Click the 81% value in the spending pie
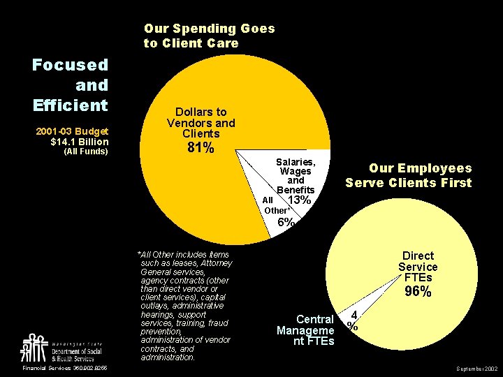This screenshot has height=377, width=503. (201, 149)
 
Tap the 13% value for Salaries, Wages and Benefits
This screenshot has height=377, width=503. (299, 200)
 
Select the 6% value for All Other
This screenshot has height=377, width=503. (286, 223)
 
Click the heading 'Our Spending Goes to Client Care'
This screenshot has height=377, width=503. (209, 36)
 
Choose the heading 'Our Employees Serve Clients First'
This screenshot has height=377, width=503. (409, 175)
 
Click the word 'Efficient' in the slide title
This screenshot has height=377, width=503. (70, 105)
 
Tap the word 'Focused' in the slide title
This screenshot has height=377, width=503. (70, 65)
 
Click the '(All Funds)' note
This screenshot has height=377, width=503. (86, 151)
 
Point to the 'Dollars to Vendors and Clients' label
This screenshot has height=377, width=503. (201, 122)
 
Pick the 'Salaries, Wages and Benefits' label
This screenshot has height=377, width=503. (296, 175)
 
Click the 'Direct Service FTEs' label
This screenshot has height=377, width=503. (418, 267)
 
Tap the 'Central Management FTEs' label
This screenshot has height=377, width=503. (306, 330)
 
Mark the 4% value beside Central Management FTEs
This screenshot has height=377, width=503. (354, 320)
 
